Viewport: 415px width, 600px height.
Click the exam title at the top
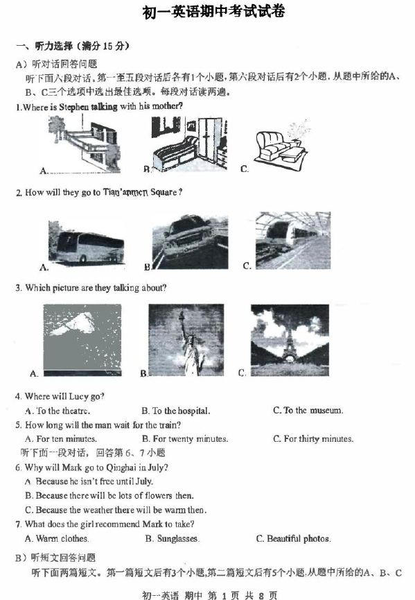point(213,12)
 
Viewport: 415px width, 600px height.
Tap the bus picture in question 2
point(87,242)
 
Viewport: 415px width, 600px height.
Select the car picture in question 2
point(190,242)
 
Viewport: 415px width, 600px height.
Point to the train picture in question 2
point(293,240)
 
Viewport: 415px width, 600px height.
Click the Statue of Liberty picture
point(186,340)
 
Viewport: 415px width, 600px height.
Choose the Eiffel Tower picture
point(290,340)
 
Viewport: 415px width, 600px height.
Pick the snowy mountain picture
point(82,340)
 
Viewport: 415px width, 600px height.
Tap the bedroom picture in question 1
point(190,144)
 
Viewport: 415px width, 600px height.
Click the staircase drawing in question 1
point(85,144)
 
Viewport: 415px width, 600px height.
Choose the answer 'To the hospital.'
point(176,411)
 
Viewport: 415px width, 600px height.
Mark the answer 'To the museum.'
point(308,410)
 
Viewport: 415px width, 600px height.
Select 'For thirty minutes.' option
point(313,438)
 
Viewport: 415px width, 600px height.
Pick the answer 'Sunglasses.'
point(173,539)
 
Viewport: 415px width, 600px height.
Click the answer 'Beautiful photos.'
point(294,539)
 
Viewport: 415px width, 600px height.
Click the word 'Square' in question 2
point(164,192)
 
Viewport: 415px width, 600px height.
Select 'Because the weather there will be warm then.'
point(116,510)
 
